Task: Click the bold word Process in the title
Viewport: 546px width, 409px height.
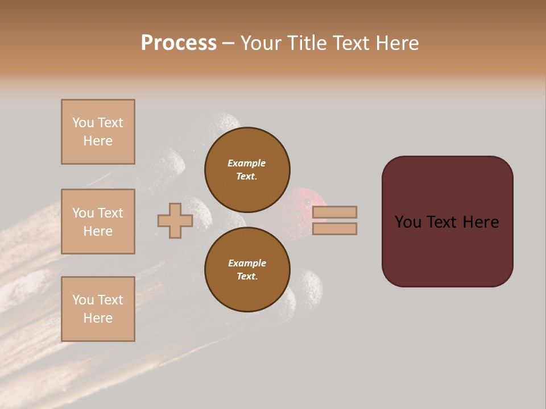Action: [x=179, y=43]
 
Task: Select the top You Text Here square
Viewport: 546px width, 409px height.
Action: [x=98, y=132]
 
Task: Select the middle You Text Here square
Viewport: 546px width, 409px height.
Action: [x=98, y=222]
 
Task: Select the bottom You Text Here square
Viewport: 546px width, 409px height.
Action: [x=98, y=309]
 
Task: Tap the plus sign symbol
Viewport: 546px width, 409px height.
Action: [x=175, y=220]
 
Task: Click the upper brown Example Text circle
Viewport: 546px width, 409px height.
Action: [x=247, y=169]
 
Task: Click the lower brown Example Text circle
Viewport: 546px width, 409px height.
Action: [x=247, y=269]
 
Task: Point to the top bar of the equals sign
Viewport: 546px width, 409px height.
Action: [x=334, y=212]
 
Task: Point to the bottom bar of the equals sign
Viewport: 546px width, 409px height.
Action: [x=334, y=228]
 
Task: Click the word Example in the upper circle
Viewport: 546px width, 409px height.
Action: [x=247, y=163]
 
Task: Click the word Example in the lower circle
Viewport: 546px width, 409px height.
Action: [x=247, y=263]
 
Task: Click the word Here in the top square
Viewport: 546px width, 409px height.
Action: [x=98, y=141]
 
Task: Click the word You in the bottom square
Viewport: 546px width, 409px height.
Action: [x=83, y=300]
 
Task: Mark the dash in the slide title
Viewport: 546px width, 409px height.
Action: [x=228, y=43]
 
